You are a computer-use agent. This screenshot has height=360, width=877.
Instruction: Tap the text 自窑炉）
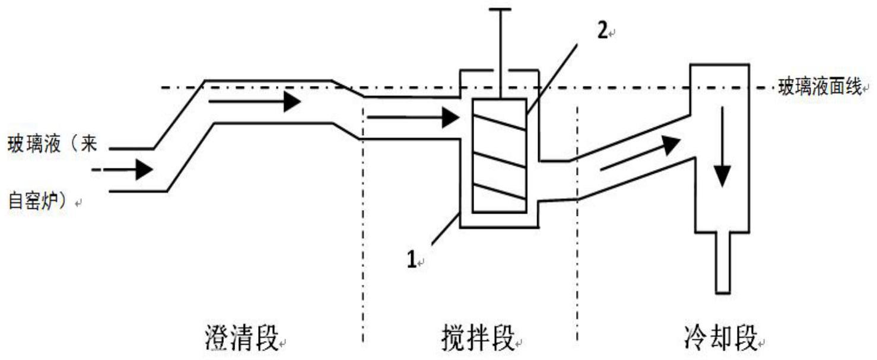[x=40, y=201]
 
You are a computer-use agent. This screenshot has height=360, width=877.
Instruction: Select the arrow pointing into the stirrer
[x=412, y=118]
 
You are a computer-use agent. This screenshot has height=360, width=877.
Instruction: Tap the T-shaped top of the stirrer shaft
[x=501, y=11]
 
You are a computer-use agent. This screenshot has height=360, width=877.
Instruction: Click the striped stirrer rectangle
[x=498, y=155]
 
